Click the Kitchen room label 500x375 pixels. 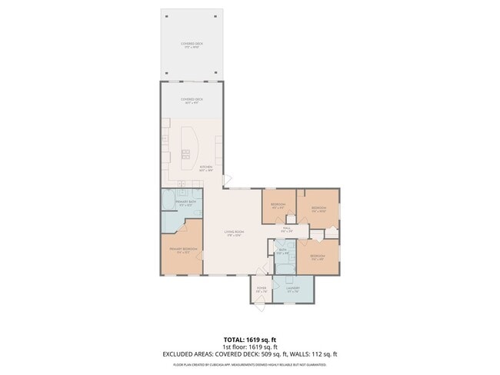(206, 168)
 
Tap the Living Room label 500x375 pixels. (233, 233)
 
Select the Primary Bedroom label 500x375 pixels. (182, 251)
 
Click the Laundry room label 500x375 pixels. (292, 289)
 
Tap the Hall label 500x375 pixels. (286, 228)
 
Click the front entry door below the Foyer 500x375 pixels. (260, 307)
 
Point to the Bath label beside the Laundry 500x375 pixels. (282, 251)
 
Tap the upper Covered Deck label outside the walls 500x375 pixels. (192, 45)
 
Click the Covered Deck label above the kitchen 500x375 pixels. (192, 100)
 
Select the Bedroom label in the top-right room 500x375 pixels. (319, 208)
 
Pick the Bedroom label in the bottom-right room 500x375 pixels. (318, 257)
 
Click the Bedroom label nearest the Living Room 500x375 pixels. (278, 205)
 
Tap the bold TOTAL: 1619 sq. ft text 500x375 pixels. (249, 339)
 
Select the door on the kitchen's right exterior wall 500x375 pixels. (226, 179)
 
